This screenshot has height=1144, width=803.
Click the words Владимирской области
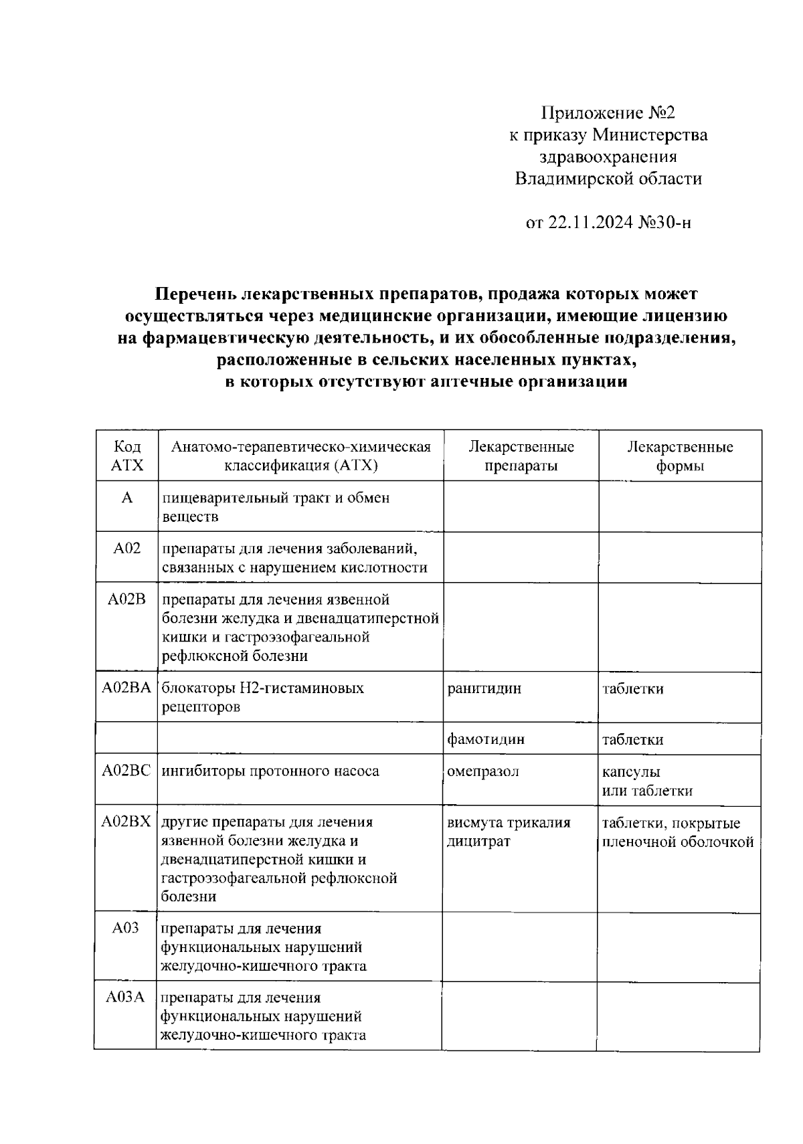[x=608, y=179]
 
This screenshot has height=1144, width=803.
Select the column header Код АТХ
[x=127, y=456]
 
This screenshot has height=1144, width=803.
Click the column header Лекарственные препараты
[x=521, y=456]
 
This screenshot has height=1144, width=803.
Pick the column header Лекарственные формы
[x=679, y=456]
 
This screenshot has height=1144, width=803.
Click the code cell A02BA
[x=126, y=688]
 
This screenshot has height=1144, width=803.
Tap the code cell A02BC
[x=126, y=771]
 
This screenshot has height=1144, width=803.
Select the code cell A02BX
[x=126, y=822]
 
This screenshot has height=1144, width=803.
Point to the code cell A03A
[x=126, y=997]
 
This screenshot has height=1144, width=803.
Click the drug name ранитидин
[x=484, y=688]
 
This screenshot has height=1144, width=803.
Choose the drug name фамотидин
[x=486, y=739]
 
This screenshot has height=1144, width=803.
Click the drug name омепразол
[x=483, y=771]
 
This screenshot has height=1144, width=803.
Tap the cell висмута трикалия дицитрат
[x=509, y=832]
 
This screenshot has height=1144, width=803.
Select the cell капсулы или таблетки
[x=646, y=781]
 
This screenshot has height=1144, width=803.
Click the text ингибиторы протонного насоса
[x=270, y=771]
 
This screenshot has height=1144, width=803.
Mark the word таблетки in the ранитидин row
[x=632, y=688]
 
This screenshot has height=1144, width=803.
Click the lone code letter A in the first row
[x=127, y=498]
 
